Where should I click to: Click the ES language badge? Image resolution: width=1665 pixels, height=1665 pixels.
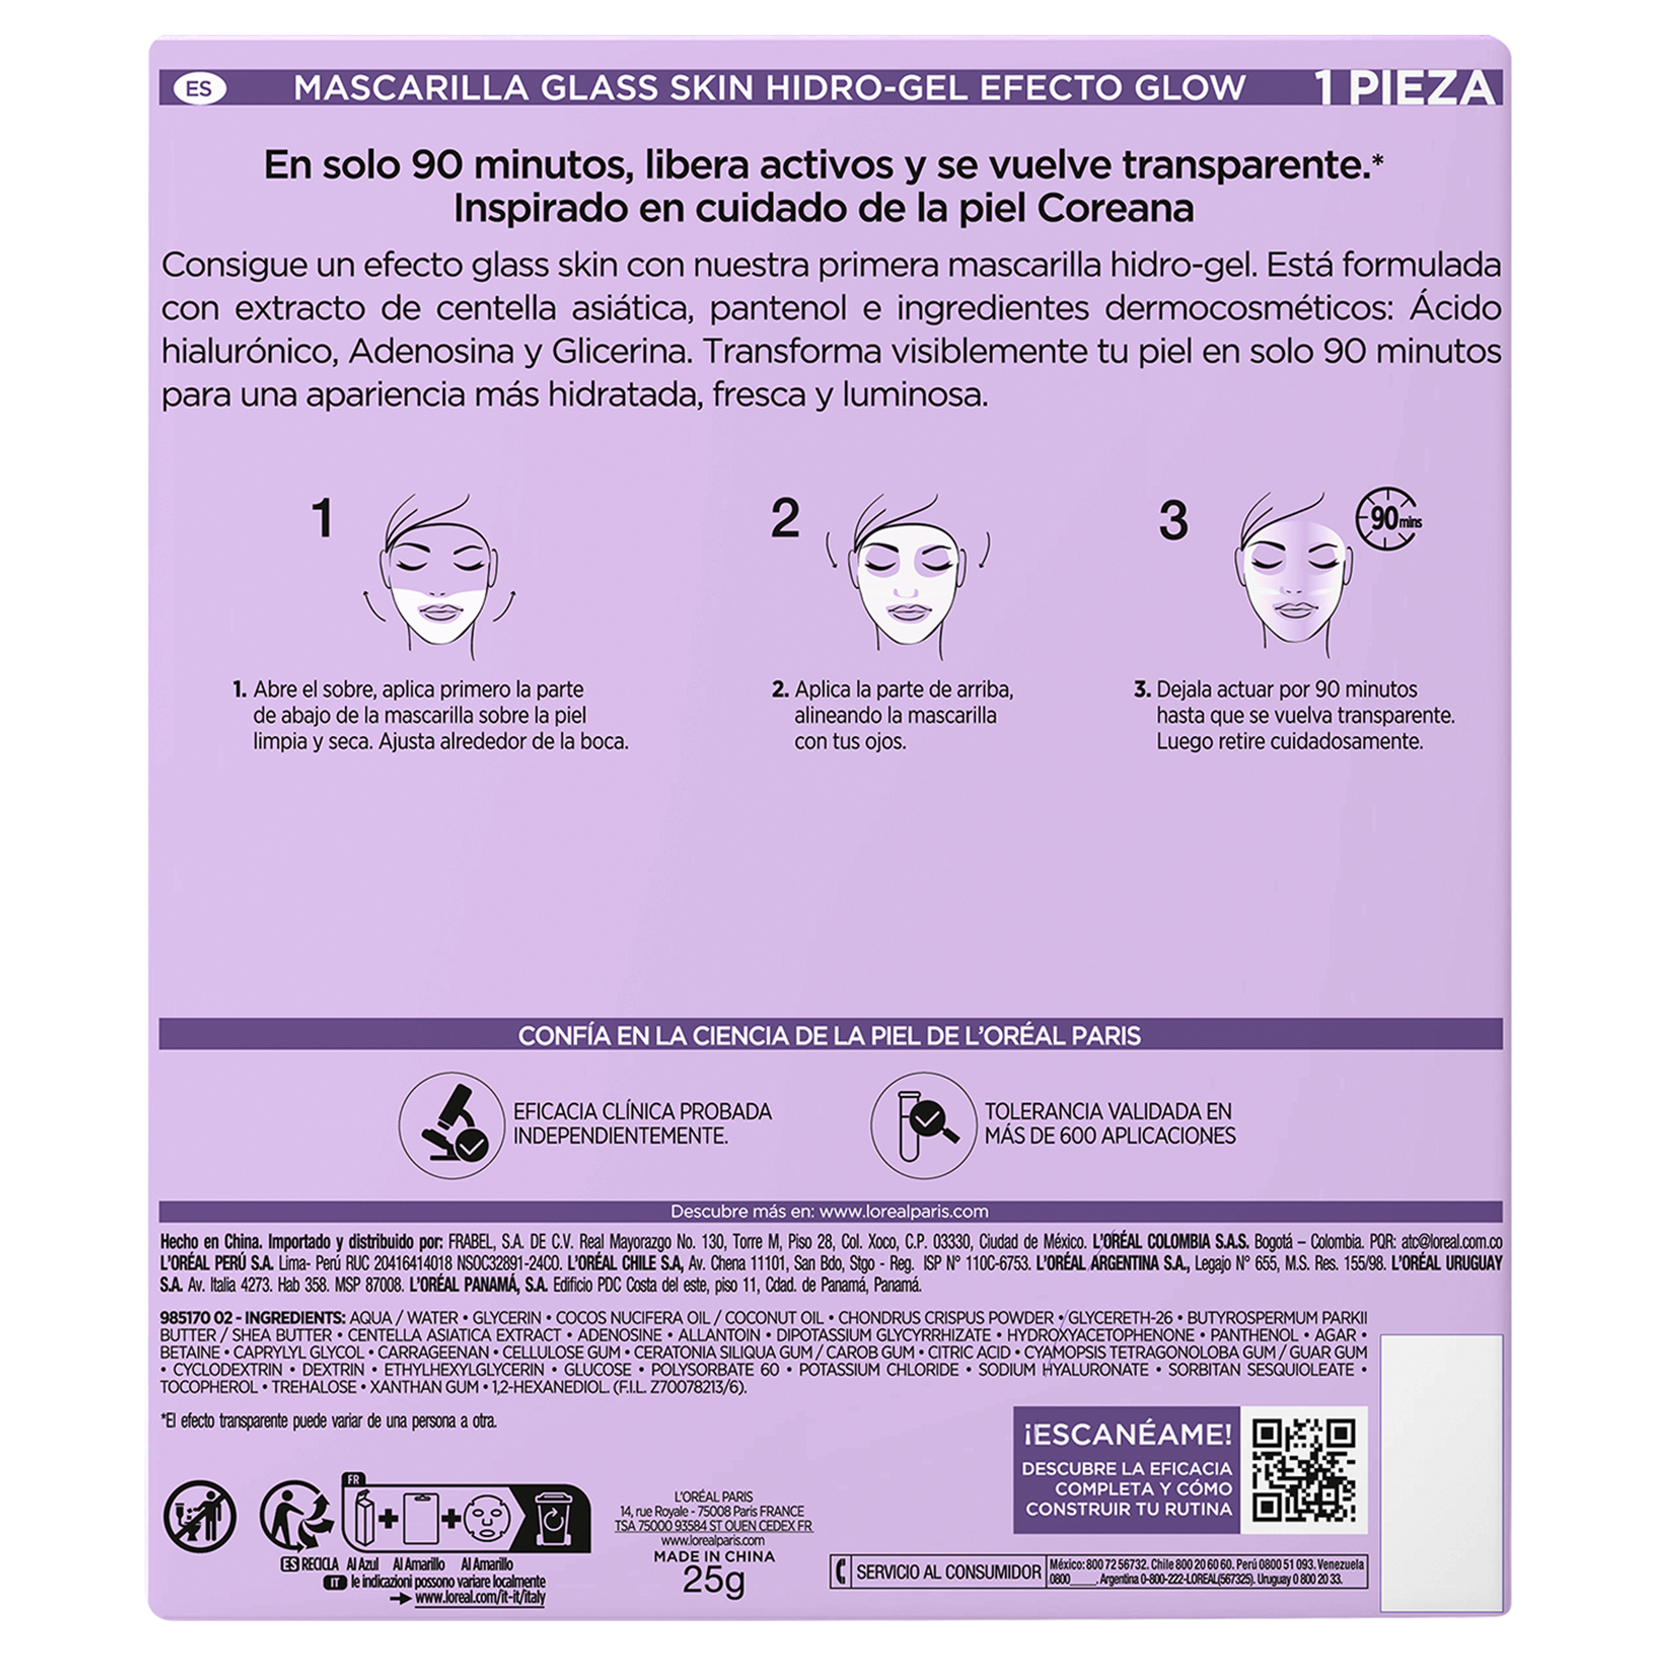pyautogui.click(x=199, y=89)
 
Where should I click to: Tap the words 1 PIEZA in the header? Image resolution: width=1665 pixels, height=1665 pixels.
pyautogui.click(x=1405, y=89)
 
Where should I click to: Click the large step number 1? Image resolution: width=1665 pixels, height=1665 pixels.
pyautogui.click(x=322, y=519)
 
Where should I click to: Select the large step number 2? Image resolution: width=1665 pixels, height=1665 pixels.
pyautogui.click(x=785, y=518)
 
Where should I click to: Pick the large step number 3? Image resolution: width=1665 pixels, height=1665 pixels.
pyautogui.click(x=1173, y=521)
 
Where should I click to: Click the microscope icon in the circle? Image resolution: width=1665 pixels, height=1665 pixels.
pyautogui.click(x=451, y=1125)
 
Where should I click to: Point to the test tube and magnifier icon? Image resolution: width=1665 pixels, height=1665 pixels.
pyautogui.click(x=923, y=1125)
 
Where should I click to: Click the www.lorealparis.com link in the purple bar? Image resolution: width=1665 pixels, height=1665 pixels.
pyautogui.click(x=903, y=1211)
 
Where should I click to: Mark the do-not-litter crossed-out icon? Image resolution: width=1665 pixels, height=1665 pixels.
pyautogui.click(x=200, y=1516)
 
